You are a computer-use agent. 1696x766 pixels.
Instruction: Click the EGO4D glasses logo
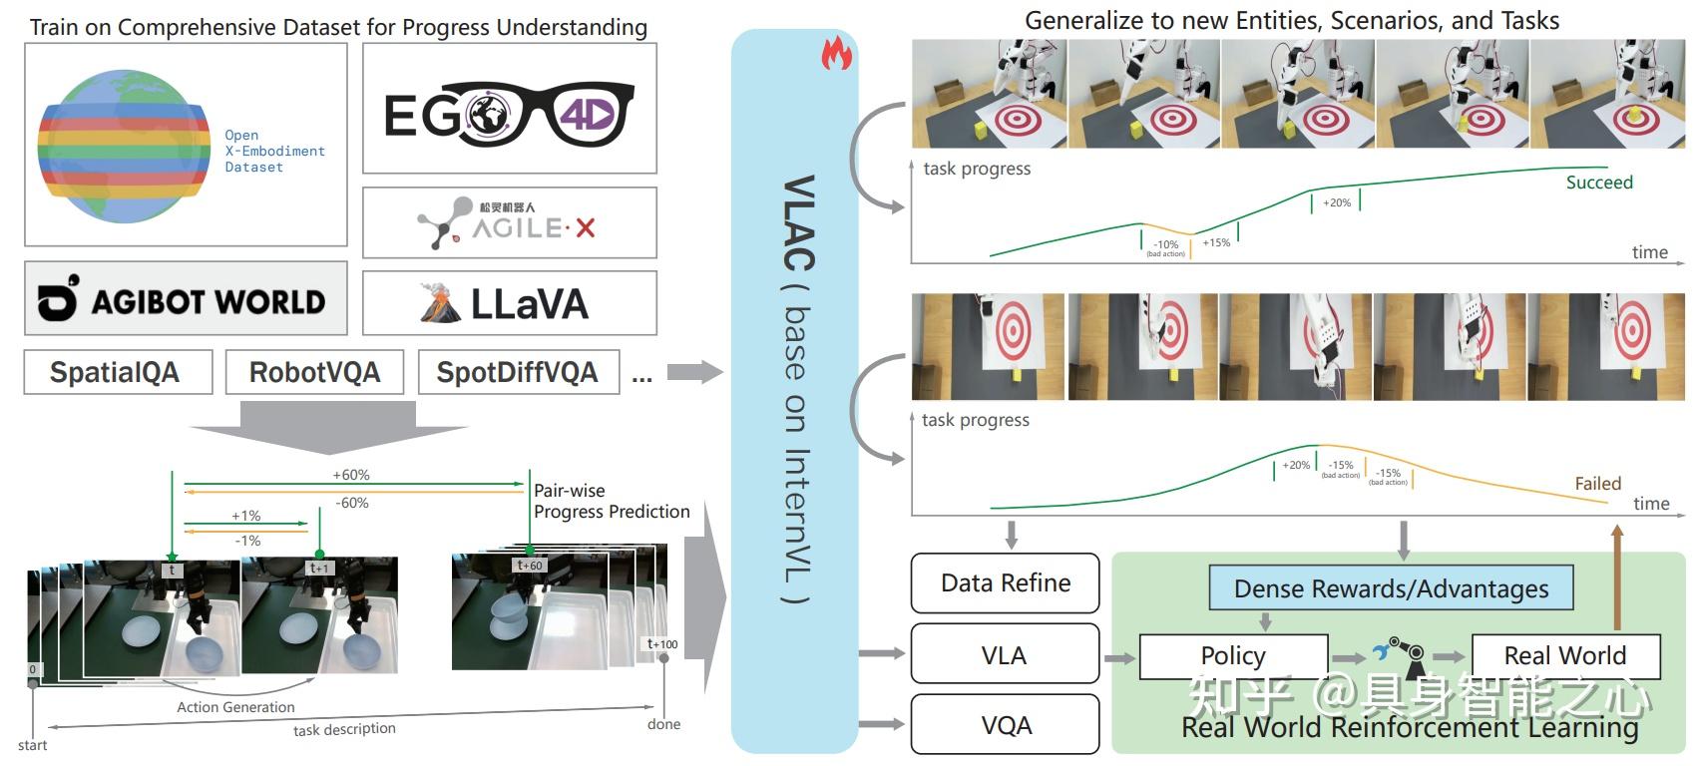click(509, 113)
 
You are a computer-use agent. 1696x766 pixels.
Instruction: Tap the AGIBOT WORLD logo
click(186, 299)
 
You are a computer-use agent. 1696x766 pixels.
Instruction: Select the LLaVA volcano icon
click(440, 303)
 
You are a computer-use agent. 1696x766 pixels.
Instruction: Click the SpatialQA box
click(117, 372)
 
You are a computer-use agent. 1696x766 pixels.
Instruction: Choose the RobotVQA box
click(314, 372)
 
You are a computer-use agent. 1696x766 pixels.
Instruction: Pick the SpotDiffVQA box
click(518, 372)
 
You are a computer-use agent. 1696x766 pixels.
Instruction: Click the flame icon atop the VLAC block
click(836, 54)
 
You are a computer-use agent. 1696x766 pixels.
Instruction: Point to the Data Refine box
click(1005, 583)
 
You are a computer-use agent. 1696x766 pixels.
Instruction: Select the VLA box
click(1005, 655)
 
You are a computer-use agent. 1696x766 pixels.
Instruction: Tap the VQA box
click(1005, 725)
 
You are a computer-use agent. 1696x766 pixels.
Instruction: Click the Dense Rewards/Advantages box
click(1391, 588)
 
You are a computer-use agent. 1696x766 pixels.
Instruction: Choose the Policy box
click(1233, 655)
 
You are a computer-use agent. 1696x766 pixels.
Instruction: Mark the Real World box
click(1564, 655)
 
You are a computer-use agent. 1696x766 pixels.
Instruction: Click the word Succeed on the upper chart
click(1598, 183)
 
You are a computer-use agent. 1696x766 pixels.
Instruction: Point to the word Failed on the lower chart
click(1597, 484)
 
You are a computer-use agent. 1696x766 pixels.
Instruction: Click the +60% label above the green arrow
click(351, 475)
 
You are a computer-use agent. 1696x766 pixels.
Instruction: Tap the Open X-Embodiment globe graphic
click(120, 148)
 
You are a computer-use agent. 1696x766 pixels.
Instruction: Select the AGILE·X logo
click(508, 222)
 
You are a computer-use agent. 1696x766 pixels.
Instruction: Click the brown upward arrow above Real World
click(1617, 578)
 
